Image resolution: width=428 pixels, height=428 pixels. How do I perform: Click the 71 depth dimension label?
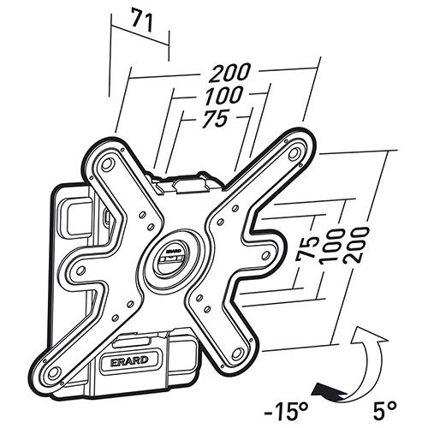(x=143, y=21)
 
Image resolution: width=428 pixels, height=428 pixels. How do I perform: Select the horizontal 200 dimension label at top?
(x=229, y=72)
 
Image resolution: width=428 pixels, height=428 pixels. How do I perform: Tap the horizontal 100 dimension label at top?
(x=223, y=95)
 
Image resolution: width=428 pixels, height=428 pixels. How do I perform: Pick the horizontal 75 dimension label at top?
(x=215, y=118)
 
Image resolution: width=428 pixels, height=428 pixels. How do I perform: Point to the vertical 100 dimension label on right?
(x=332, y=246)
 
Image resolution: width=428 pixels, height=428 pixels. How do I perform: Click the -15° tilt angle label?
(x=286, y=413)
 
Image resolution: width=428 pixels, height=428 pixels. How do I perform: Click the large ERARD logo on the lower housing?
(x=128, y=360)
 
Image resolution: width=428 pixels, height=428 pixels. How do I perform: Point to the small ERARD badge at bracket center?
(x=173, y=252)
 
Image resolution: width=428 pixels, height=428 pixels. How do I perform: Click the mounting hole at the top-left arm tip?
(x=108, y=163)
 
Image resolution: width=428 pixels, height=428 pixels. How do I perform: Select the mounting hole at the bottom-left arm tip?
(x=54, y=372)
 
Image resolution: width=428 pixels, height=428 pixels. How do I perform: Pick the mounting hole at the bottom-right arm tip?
(x=237, y=354)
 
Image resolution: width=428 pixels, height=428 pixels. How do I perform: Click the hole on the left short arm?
(x=81, y=270)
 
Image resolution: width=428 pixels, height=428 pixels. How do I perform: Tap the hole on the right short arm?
(x=265, y=254)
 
